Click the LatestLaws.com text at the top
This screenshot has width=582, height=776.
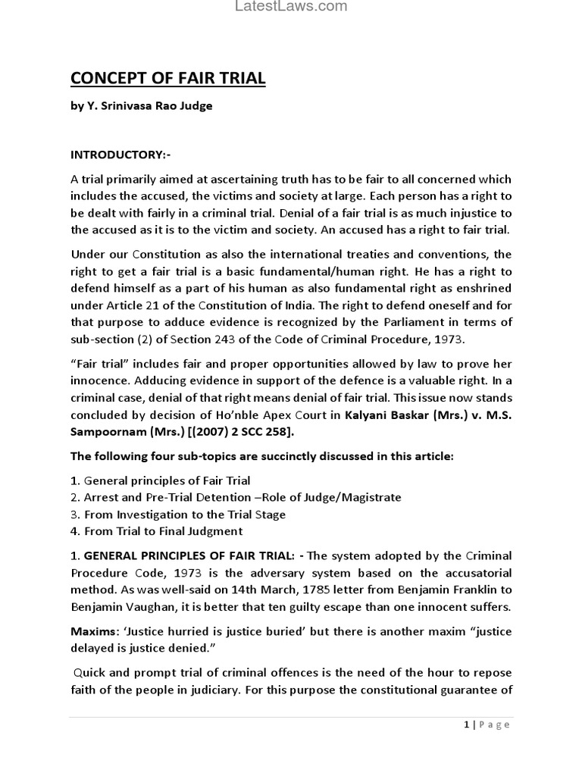[291, 7]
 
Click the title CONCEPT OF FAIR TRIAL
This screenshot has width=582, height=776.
[168, 78]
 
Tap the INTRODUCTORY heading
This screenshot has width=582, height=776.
[120, 155]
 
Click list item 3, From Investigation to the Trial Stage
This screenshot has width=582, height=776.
[185, 515]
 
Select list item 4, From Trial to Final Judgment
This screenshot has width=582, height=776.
[163, 531]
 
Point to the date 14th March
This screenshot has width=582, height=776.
[242, 590]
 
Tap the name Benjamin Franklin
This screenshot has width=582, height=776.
[432, 590]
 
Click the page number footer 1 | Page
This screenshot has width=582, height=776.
[487, 724]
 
